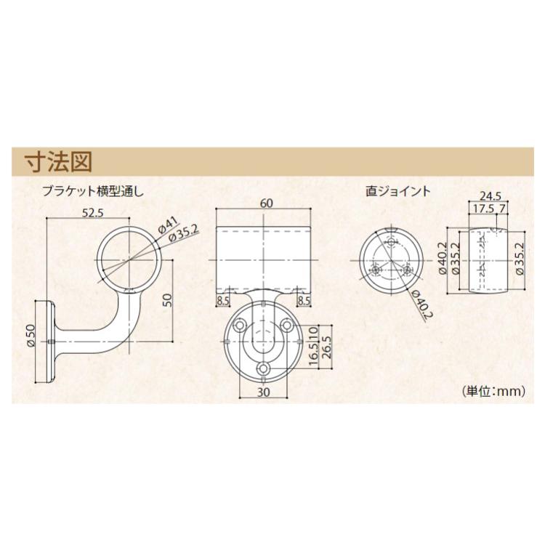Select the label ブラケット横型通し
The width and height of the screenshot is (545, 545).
(94, 192)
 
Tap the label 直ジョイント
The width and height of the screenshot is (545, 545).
(397, 192)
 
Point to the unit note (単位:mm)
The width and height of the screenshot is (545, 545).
(493, 390)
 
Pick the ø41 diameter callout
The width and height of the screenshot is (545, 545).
(166, 225)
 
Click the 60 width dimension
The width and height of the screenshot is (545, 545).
(266, 204)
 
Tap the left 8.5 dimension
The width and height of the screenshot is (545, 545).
(222, 298)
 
